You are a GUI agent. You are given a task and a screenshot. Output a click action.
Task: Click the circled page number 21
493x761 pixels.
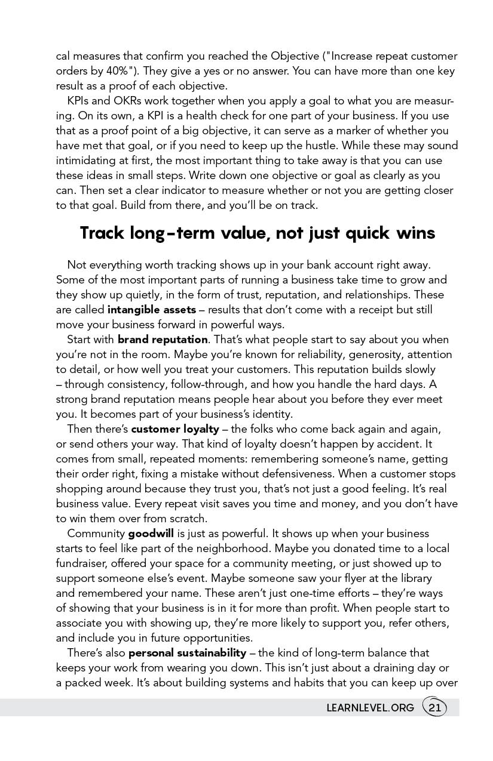[434, 708]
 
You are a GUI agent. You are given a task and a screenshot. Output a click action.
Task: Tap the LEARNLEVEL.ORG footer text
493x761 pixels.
[370, 708]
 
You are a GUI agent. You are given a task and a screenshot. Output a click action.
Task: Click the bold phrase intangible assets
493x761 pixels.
[152, 310]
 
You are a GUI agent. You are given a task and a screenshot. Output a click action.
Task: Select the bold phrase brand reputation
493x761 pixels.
[163, 340]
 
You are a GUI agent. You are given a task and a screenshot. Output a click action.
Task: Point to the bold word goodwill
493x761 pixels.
[151, 534]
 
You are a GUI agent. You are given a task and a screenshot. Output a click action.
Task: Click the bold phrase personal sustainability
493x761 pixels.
[187, 653]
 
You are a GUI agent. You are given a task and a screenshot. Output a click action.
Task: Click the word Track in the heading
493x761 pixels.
[101, 233]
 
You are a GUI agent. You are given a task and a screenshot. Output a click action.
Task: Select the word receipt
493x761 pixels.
[356, 310]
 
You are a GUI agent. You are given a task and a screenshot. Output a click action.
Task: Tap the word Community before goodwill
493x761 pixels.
[96, 534]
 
